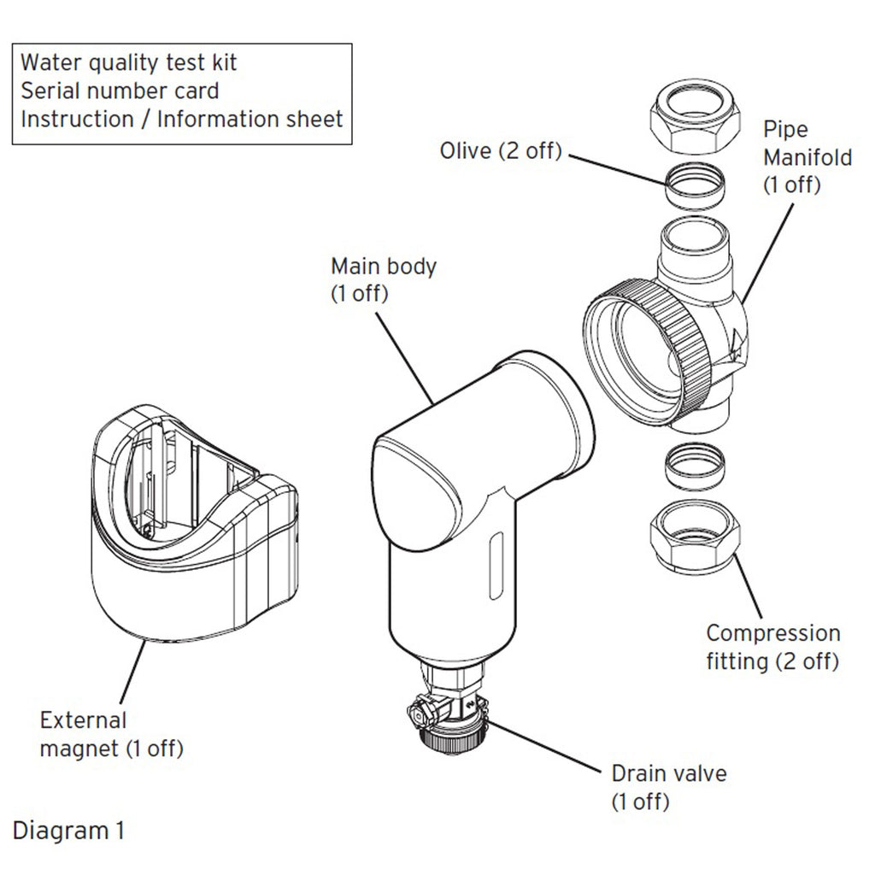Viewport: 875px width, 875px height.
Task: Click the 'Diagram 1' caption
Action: pyautogui.click(x=68, y=830)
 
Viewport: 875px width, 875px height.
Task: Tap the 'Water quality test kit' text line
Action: pyautogui.click(x=128, y=62)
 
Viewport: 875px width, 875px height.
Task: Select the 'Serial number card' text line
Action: pyautogui.click(x=120, y=90)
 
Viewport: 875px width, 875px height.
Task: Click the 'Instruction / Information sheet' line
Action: pyautogui.click(x=181, y=118)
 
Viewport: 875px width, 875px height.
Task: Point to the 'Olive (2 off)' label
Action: pyautogui.click(x=500, y=151)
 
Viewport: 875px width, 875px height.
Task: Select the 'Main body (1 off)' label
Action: pyautogui.click(x=383, y=279)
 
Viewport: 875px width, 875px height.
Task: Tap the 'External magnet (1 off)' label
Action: pyautogui.click(x=111, y=735)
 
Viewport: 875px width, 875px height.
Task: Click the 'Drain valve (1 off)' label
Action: pyautogui.click(x=668, y=787)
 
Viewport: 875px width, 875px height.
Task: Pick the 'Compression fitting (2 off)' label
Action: pyautogui.click(x=772, y=647)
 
